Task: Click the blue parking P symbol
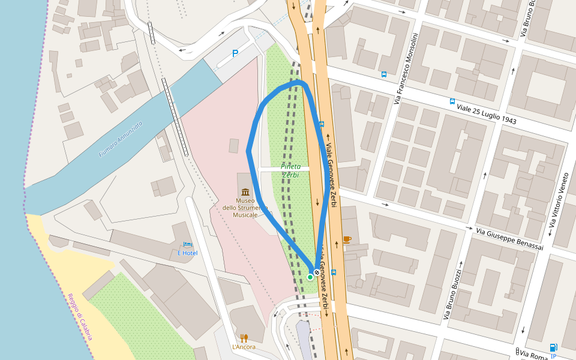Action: [235, 53]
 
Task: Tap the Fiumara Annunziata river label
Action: [121, 139]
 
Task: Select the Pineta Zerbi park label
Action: [290, 170]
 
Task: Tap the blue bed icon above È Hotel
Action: [187, 245]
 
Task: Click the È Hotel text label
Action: [187, 253]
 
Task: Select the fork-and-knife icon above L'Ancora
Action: [244, 338]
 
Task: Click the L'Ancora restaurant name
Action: [244, 347]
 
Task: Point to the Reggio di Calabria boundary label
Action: [80, 317]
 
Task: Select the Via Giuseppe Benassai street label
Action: [509, 238]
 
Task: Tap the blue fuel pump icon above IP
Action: [553, 347]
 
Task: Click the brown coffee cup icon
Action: [346, 239]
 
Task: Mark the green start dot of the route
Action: [310, 277]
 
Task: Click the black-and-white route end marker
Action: [317, 272]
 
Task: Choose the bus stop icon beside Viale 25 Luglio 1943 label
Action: [452, 101]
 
